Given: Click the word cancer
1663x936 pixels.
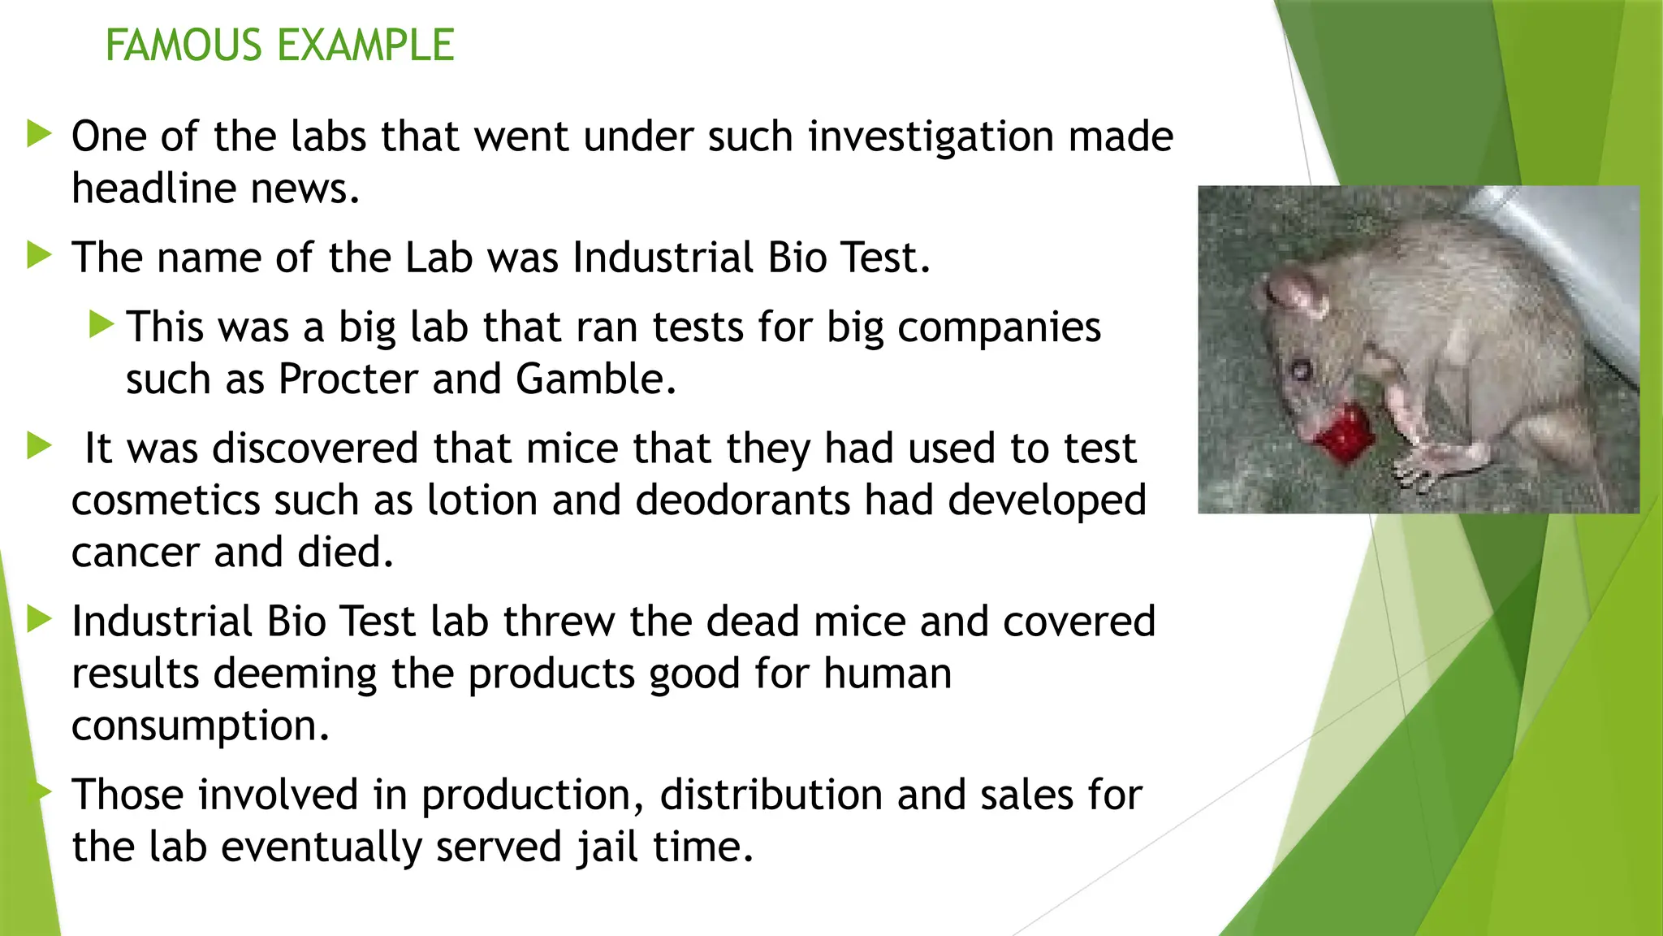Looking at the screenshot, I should pos(135,552).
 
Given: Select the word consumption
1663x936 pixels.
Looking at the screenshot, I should pos(200,726).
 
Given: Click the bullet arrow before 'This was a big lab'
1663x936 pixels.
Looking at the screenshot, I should pos(101,325).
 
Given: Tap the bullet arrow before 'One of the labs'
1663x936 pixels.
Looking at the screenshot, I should pos(39,134).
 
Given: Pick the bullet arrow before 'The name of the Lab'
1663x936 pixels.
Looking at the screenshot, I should pos(39,256).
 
